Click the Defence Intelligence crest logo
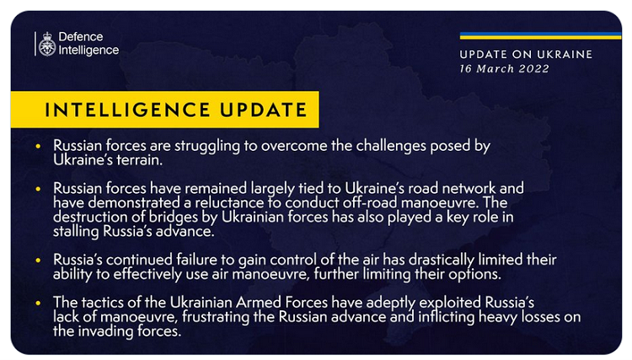click(x=47, y=44)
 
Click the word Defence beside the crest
click(x=81, y=37)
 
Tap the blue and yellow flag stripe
click(x=540, y=35)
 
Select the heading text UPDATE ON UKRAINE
click(x=526, y=55)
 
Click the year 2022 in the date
click(x=533, y=68)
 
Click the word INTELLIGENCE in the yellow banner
click(x=127, y=110)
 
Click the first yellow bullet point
click(x=38, y=146)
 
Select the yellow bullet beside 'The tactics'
click(x=38, y=303)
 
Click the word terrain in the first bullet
click(x=139, y=160)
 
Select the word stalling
click(x=76, y=231)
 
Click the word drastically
click(x=442, y=260)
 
